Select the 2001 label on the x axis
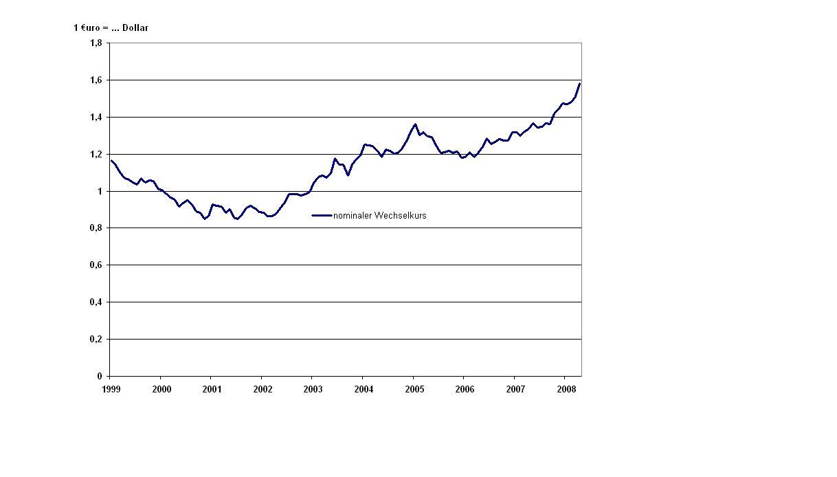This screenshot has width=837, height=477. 211,389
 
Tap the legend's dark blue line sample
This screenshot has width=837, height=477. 322,216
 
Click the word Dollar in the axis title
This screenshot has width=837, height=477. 135,28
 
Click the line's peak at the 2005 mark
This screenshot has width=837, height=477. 415,124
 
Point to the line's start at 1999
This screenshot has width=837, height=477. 111,160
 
